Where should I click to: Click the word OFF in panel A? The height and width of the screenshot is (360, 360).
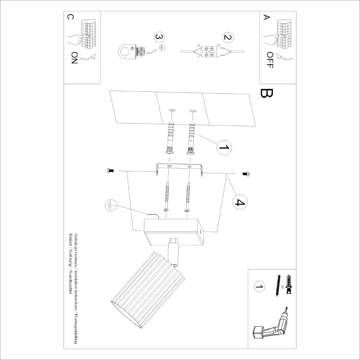(x=269, y=60)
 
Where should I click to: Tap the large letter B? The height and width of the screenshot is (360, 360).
(x=267, y=94)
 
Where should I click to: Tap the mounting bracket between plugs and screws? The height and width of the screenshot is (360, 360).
(x=179, y=169)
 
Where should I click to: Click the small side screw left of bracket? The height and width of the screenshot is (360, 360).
(x=110, y=171)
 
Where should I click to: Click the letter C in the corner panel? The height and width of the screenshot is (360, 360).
(x=70, y=17)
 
